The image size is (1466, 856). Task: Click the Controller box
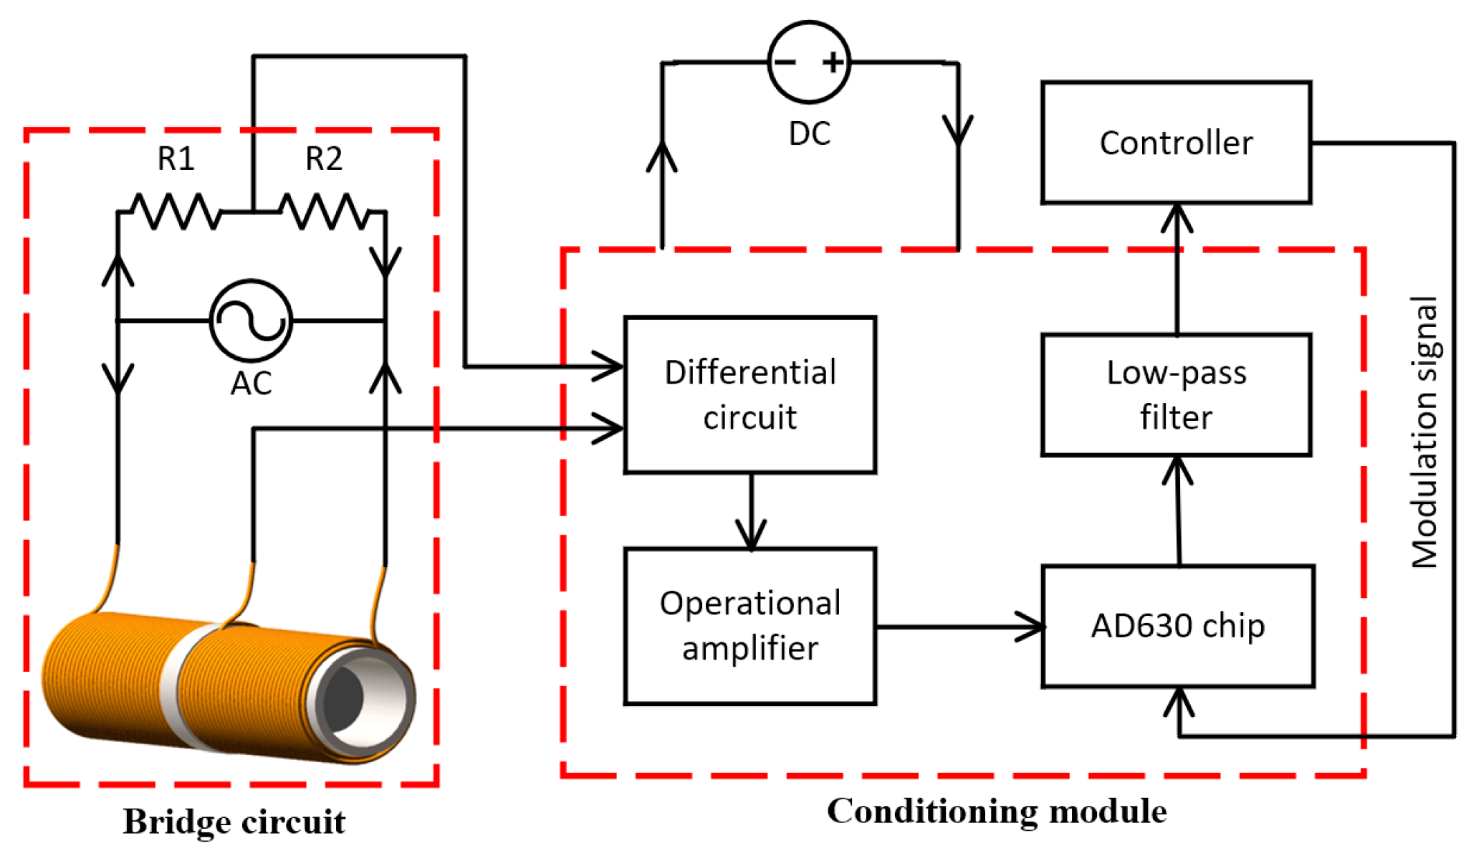(1176, 143)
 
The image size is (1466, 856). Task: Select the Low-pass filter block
(1176, 394)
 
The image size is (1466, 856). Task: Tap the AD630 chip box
(1177, 626)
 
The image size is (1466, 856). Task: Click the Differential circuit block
(749, 394)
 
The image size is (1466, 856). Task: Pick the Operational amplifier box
(749, 626)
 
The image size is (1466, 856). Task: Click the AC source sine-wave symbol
(251, 320)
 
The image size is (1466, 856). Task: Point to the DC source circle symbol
(809, 62)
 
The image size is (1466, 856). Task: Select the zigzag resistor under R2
(325, 211)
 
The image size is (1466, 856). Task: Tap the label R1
(176, 158)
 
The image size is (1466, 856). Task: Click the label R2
(324, 158)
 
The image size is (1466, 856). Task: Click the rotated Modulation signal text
(1424, 432)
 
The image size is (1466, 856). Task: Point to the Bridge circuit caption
(234, 822)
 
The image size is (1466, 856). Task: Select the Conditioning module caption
(997, 812)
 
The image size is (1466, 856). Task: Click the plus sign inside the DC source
(833, 62)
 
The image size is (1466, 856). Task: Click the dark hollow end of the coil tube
(345, 699)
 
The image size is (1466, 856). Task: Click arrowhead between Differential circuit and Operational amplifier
(751, 534)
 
